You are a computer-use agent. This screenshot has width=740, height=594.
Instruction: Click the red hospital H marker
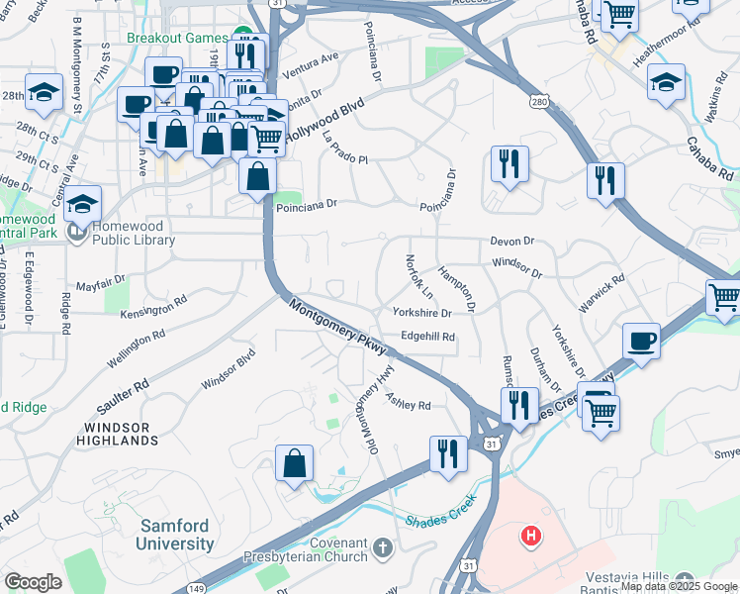pos(531,537)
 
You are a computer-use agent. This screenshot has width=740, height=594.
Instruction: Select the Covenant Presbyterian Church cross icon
pos(383,546)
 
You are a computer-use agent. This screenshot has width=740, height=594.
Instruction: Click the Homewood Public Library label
pos(134,233)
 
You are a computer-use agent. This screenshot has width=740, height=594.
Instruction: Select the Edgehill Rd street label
pos(427,337)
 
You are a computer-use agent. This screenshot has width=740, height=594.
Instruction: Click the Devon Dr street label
pos(512,241)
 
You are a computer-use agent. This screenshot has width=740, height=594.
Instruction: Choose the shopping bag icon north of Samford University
pos(295,465)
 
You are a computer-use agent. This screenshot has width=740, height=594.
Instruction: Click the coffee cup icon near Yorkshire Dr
pos(641,341)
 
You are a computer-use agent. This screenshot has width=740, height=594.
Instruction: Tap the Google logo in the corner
pos(33,582)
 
